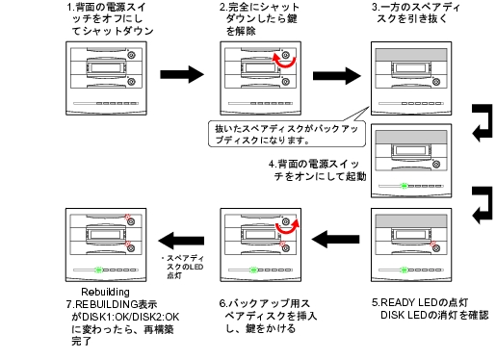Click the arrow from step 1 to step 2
coord(182,74)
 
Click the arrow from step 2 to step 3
coord(337,76)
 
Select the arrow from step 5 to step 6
coord(335,239)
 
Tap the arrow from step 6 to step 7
coord(181,241)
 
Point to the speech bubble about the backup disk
coord(287,134)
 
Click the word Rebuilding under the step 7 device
coord(105,292)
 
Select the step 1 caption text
coord(110,19)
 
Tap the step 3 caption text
coord(416,13)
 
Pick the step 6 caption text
coord(268,316)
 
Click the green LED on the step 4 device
coord(405,186)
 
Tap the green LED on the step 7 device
coord(99,270)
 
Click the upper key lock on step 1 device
coord(131,55)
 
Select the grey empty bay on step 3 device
coord(411,55)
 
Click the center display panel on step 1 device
coord(106,68)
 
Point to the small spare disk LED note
coord(183,267)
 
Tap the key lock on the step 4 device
coord(436,165)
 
